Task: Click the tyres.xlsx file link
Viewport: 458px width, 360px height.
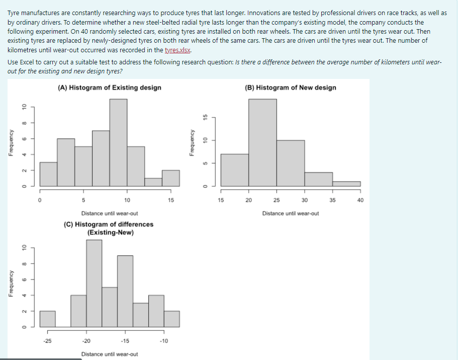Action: pos(178,50)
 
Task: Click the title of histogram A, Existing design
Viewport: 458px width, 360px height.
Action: pos(110,87)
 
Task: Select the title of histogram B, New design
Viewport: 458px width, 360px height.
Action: pos(291,87)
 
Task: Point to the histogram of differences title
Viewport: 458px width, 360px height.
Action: pos(109,228)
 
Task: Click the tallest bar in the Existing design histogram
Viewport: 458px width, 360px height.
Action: pos(118,142)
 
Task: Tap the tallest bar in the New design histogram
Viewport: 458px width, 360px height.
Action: pos(262,142)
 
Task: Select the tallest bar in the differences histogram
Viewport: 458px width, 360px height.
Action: pos(94,283)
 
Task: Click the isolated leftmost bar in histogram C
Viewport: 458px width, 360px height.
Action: pos(48,319)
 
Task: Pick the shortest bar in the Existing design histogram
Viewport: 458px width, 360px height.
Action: pos(153,182)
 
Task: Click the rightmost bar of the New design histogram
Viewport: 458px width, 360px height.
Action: pos(346,184)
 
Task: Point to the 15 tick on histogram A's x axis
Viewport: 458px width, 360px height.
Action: pos(171,200)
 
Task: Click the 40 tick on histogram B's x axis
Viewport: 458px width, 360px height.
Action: pos(360,200)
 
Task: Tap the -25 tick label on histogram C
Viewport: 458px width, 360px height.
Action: pos(47,341)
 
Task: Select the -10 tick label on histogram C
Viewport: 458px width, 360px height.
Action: pos(163,341)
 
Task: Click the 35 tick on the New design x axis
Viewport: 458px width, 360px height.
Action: pos(332,200)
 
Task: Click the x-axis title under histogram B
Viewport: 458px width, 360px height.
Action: pos(291,213)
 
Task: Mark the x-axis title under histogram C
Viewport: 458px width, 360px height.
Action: pos(110,354)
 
